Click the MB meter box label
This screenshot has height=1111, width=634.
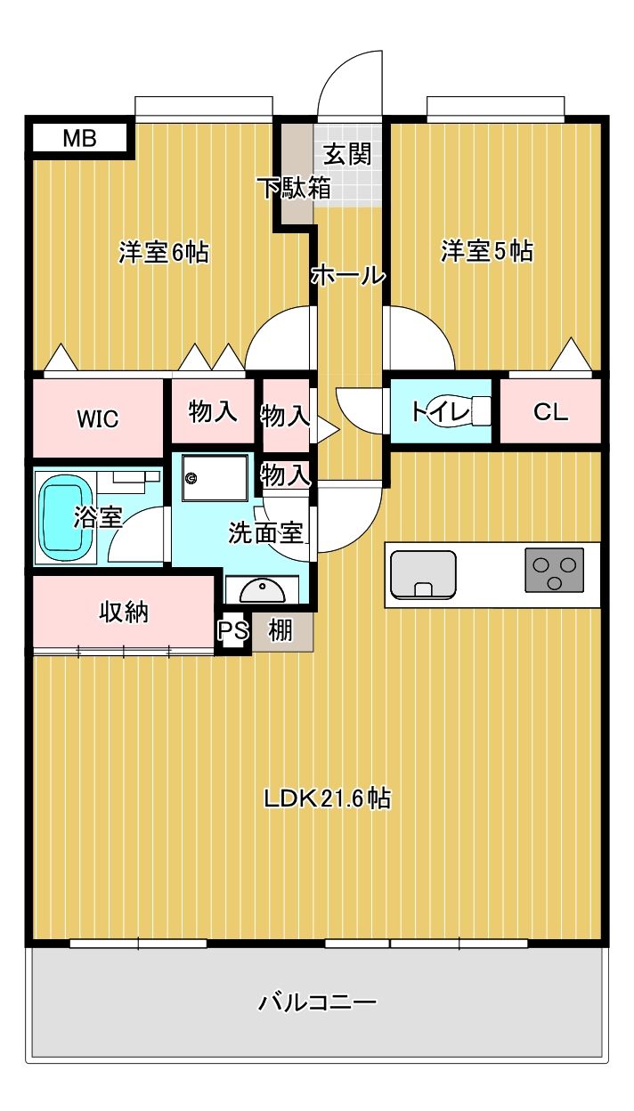pos(80,138)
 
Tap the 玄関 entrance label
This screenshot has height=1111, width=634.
pos(346,154)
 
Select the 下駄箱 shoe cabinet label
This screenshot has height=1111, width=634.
pos(295,189)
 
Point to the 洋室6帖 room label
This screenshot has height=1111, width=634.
pos(164,253)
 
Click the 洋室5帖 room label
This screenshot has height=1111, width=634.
pos(486,252)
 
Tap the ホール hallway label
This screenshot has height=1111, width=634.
pos(348,276)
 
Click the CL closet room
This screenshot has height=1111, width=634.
pos(549,412)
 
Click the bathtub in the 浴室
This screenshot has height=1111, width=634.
pos(64,518)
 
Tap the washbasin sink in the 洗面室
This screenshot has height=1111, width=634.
pos(263,590)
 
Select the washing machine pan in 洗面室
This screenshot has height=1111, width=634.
pos(214,482)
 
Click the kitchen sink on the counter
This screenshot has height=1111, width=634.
pos(423,574)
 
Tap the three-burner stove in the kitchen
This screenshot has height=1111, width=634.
pos(555,571)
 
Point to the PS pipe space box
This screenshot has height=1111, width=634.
pos(232,631)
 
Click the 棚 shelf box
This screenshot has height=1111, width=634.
pos(281,631)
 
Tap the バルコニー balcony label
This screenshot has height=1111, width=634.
pos(318,1002)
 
